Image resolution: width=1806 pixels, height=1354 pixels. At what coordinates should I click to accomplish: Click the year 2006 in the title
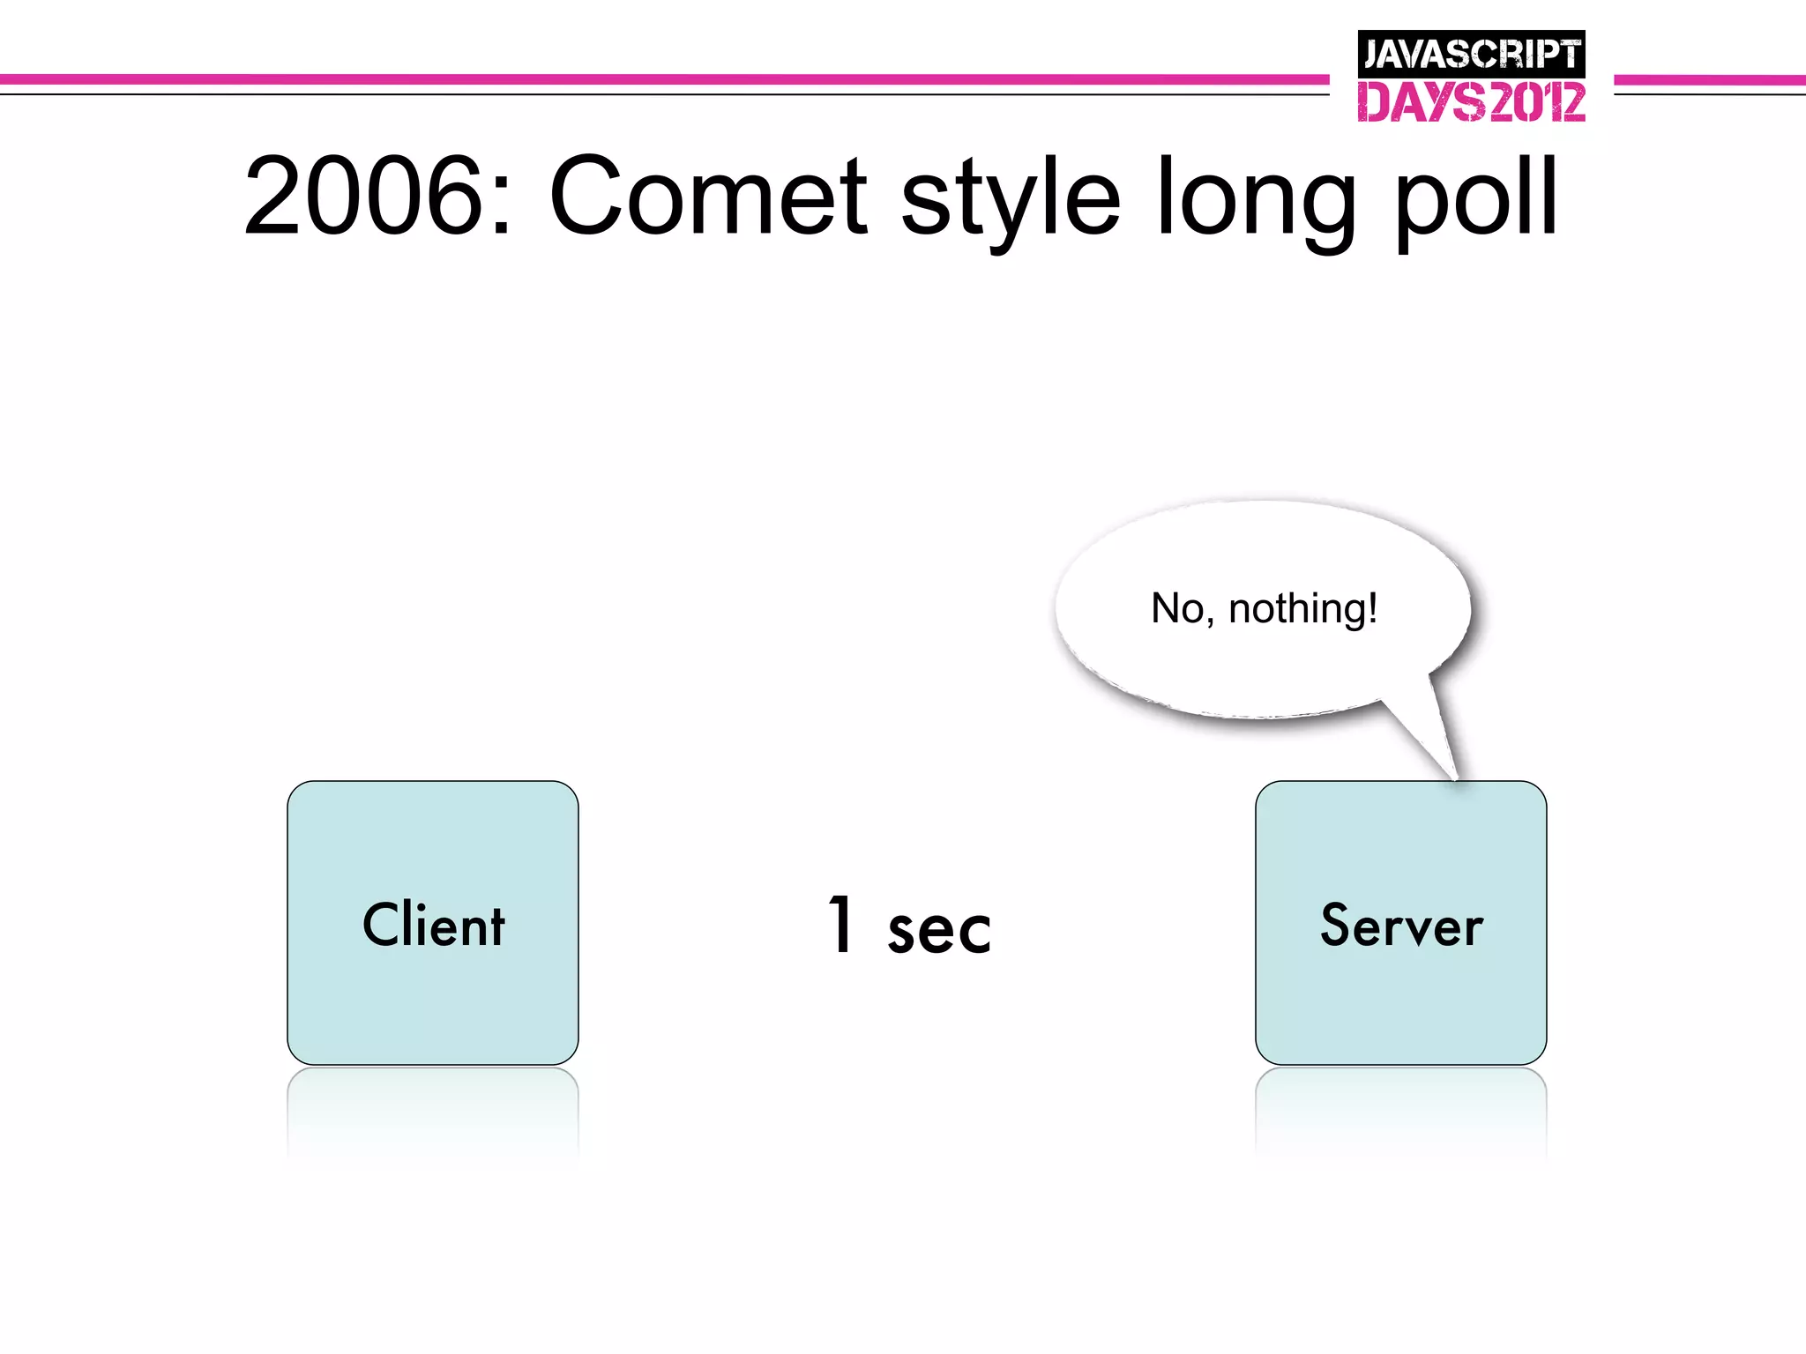point(364,196)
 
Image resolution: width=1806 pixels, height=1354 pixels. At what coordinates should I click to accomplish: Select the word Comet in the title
point(708,196)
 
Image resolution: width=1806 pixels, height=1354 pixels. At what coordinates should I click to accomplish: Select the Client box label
point(433,926)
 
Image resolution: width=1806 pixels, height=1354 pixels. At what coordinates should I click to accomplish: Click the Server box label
point(1401,926)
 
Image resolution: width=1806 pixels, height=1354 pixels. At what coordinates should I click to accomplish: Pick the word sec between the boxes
point(938,931)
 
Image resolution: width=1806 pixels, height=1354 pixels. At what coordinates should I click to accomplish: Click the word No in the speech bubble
point(1178,608)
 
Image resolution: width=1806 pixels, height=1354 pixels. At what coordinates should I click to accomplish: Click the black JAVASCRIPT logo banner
point(1471,55)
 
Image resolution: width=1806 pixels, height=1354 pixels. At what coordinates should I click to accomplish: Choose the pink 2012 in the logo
point(1536,102)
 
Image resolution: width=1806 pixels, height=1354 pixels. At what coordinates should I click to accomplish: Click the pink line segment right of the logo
point(1709,80)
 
